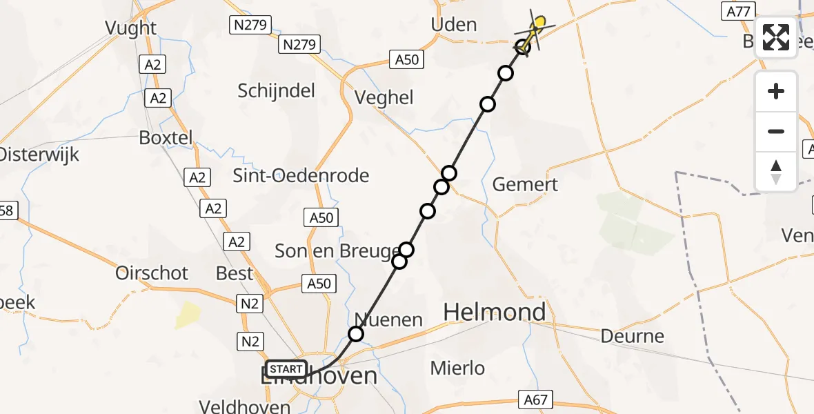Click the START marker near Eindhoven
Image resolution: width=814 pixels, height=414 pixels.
click(286, 369)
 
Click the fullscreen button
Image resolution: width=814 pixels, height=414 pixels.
click(776, 37)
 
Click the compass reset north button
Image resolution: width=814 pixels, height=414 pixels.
click(776, 172)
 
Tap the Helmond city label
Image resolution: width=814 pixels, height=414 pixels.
click(494, 313)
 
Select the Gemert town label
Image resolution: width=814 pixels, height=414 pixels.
click(525, 185)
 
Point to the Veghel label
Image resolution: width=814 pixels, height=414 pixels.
click(384, 98)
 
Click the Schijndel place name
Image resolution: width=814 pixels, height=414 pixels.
click(276, 90)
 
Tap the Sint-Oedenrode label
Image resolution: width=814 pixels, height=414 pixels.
click(301, 175)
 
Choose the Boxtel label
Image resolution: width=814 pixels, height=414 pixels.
click(166, 137)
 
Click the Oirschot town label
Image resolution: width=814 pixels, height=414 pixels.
click(152, 273)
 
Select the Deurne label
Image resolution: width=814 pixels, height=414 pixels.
click(632, 337)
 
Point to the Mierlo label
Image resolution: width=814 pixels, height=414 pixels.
click(457, 368)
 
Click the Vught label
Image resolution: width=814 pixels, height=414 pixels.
click(130, 28)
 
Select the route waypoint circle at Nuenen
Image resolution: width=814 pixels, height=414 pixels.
click(355, 335)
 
